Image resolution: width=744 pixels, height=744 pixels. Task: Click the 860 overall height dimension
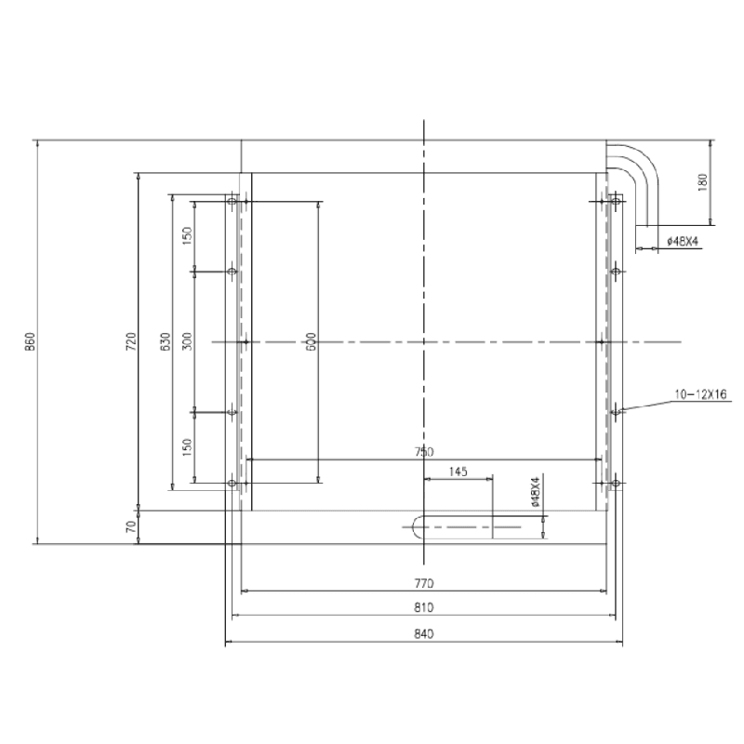coord(31,342)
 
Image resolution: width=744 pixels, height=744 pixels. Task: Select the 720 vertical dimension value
coord(131,342)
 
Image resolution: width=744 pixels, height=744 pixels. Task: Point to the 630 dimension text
coord(166,342)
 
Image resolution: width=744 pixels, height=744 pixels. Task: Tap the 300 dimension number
coord(187,342)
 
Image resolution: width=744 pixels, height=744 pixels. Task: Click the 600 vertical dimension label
coord(312,342)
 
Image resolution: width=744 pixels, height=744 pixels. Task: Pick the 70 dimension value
coord(131,526)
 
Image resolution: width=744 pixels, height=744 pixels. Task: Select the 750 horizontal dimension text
coord(424,452)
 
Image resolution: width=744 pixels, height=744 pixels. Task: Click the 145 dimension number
coord(458,472)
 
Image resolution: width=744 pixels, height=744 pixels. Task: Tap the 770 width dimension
coord(424,583)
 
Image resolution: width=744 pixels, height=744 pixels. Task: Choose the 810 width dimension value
coord(424,608)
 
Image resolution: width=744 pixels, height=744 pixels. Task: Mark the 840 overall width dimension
coord(424,634)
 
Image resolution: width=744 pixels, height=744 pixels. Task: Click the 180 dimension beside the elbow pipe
coord(702,182)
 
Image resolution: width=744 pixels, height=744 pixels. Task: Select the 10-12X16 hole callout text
coord(703,395)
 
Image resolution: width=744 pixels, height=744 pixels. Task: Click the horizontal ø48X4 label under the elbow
coord(682,242)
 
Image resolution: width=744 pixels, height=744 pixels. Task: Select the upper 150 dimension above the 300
coord(187,236)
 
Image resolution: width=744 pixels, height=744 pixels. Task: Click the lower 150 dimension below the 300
coord(187,447)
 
